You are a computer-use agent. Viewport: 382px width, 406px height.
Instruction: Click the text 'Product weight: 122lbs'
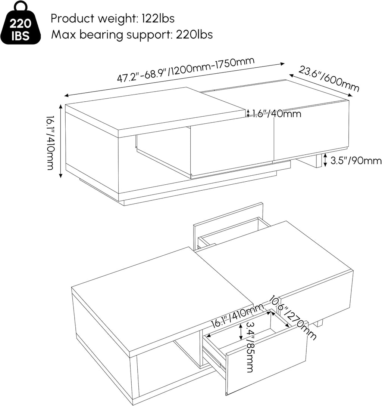click(x=112, y=18)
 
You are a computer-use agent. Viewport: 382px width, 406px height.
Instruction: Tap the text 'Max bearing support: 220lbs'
click(x=132, y=34)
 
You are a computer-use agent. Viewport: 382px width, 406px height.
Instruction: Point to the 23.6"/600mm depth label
click(x=329, y=79)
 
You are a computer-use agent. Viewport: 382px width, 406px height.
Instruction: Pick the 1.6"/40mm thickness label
click(x=276, y=114)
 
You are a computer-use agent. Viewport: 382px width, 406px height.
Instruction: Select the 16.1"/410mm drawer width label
click(x=237, y=316)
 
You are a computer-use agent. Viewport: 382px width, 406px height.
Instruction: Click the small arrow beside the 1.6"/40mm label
click(x=248, y=113)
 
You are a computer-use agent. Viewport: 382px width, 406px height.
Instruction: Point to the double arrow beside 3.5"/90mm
click(x=325, y=160)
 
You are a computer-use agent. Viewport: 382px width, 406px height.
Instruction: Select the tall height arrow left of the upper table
click(x=61, y=141)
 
